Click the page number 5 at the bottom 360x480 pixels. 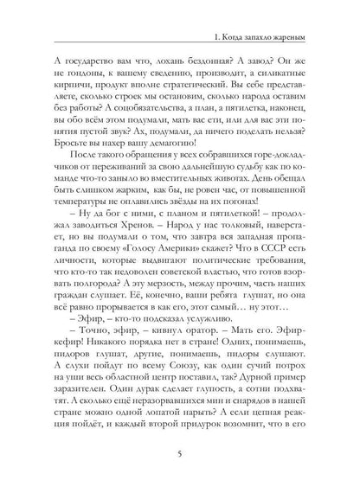tap(179, 450)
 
